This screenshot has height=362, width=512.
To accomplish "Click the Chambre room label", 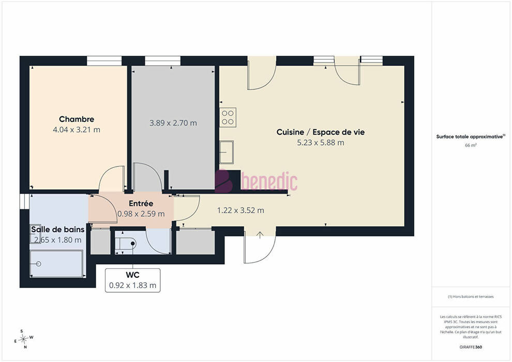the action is (77, 119).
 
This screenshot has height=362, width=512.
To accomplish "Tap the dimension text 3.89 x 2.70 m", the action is (173, 123).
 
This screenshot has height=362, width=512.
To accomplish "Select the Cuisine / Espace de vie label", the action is (320, 132).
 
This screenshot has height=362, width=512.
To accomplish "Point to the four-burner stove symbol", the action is (228, 117).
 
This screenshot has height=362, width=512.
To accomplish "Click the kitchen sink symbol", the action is (227, 152).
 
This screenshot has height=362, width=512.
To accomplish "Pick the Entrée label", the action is (141, 203).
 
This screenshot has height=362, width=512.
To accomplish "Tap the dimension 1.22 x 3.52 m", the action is (240, 210).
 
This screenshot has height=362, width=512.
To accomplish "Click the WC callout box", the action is (132, 280).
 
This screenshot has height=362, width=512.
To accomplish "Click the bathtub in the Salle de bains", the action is (56, 264).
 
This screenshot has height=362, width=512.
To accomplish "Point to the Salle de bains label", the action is (58, 230).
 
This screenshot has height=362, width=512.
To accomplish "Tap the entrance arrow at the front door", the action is (260, 235).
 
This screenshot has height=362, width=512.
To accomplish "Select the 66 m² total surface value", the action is (471, 145).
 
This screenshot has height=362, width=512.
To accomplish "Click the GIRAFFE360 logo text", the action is (471, 347).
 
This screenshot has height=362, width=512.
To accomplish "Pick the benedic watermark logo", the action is (256, 181).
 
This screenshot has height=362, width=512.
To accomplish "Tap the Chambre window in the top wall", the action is (104, 61).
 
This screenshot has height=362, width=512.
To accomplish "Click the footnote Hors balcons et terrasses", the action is (471, 297).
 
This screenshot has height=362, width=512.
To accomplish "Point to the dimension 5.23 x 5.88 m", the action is (320, 143).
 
